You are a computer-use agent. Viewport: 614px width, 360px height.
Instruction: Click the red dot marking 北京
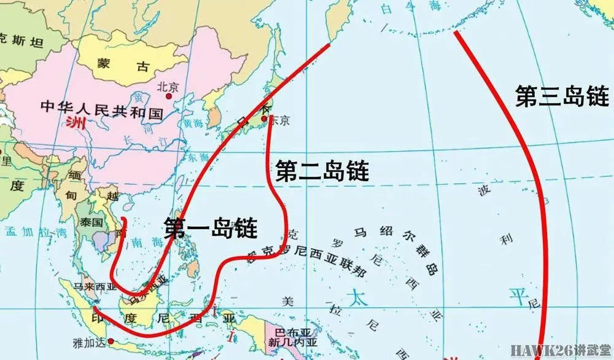coord(168,96)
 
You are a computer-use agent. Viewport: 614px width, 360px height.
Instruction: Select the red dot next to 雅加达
coord(111,341)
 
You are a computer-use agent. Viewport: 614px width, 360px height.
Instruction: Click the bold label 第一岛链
coord(211,228)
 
